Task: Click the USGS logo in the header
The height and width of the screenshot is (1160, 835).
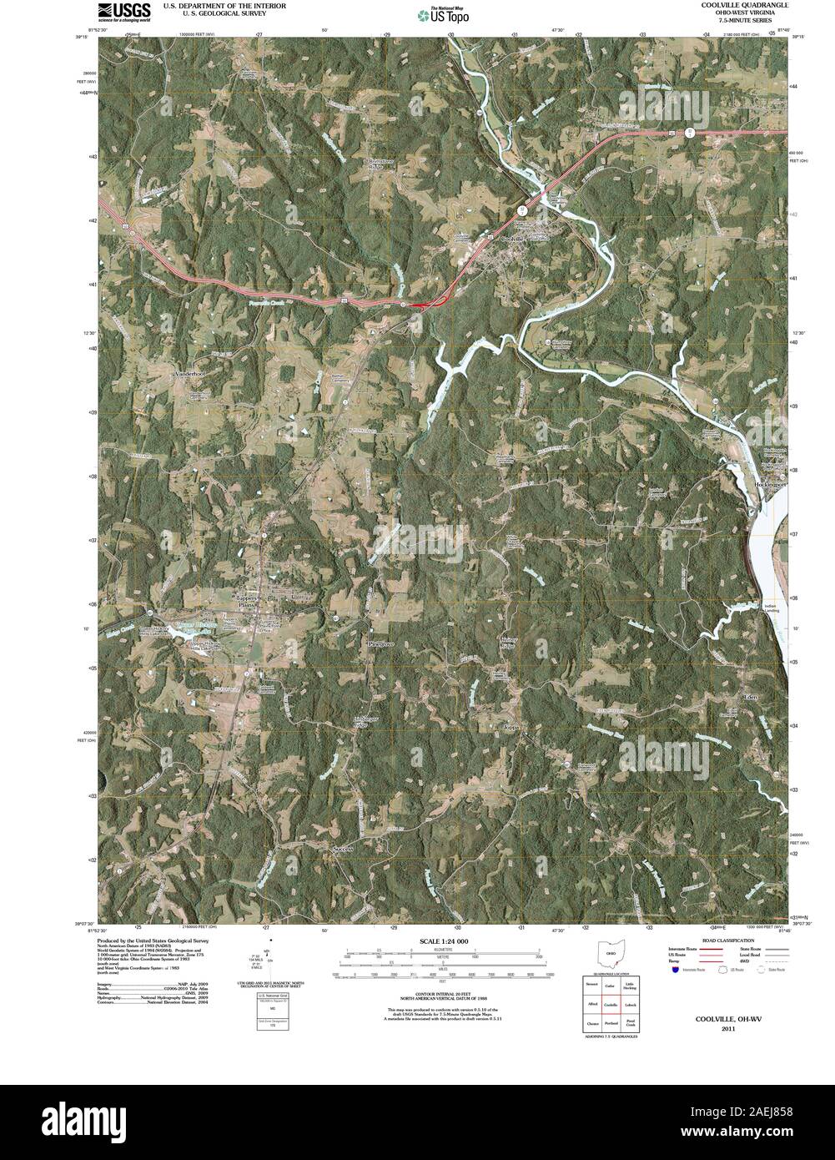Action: pyautogui.click(x=124, y=12)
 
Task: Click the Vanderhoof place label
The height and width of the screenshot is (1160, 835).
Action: pyautogui.click(x=189, y=375)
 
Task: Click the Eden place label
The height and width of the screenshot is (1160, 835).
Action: pyautogui.click(x=750, y=695)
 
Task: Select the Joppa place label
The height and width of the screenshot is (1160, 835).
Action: pyautogui.click(x=511, y=728)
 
